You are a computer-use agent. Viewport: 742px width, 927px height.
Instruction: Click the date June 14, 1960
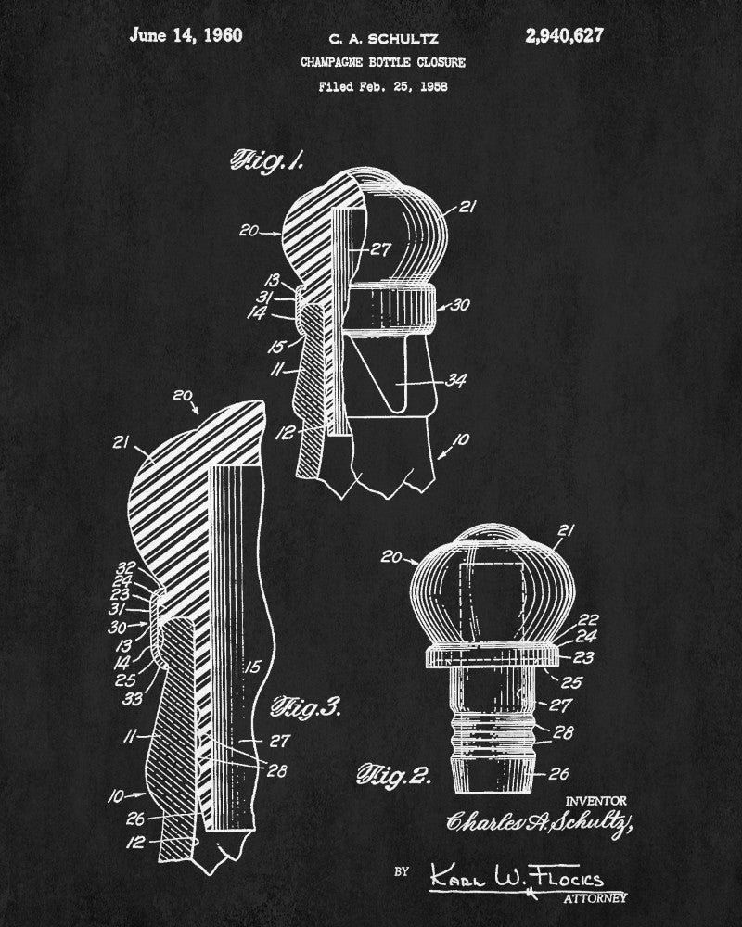click(186, 36)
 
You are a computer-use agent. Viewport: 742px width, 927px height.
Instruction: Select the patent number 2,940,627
click(564, 36)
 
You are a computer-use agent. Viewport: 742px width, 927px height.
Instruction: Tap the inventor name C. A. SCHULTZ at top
click(383, 39)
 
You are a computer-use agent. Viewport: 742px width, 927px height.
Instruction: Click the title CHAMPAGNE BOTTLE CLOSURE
click(382, 63)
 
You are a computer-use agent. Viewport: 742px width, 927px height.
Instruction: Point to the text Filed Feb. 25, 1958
click(382, 87)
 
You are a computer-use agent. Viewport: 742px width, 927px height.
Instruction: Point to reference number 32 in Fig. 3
click(127, 567)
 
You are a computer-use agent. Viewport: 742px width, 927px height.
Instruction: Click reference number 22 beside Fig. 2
click(588, 619)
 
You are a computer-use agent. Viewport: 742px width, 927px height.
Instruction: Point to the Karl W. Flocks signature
click(515, 877)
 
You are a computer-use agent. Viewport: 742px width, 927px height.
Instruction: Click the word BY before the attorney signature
click(401, 871)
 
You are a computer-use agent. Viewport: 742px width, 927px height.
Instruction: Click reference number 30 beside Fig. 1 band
click(460, 304)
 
